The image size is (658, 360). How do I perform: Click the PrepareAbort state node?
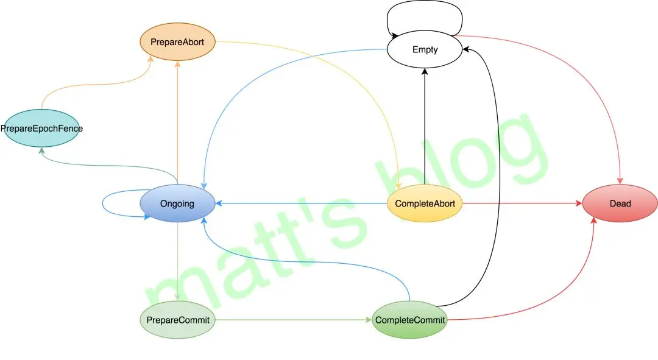tap(177, 42)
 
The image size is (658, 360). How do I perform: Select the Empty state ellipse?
tap(425, 49)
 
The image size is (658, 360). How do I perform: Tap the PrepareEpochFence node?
tap(41, 129)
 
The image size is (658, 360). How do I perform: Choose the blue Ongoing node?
tap(177, 203)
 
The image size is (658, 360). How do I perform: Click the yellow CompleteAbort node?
tap(425, 203)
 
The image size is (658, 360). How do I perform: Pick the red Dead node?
tap(620, 203)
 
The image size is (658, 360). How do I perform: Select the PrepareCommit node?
tap(177, 320)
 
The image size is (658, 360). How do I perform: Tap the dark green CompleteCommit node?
tap(409, 320)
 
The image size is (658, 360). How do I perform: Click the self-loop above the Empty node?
tap(425, 2)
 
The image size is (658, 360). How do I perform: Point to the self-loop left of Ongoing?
tap(103, 204)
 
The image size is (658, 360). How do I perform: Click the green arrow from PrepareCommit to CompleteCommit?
tap(294, 320)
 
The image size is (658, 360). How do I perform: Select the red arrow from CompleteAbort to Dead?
tap(523, 203)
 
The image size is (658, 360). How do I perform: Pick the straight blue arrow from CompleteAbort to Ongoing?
tap(301, 203)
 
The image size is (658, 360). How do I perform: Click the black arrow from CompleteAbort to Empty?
tap(425, 126)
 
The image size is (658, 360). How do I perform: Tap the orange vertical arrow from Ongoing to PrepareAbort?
tap(177, 122)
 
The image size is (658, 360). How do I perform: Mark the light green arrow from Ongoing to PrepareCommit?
tap(177, 261)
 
